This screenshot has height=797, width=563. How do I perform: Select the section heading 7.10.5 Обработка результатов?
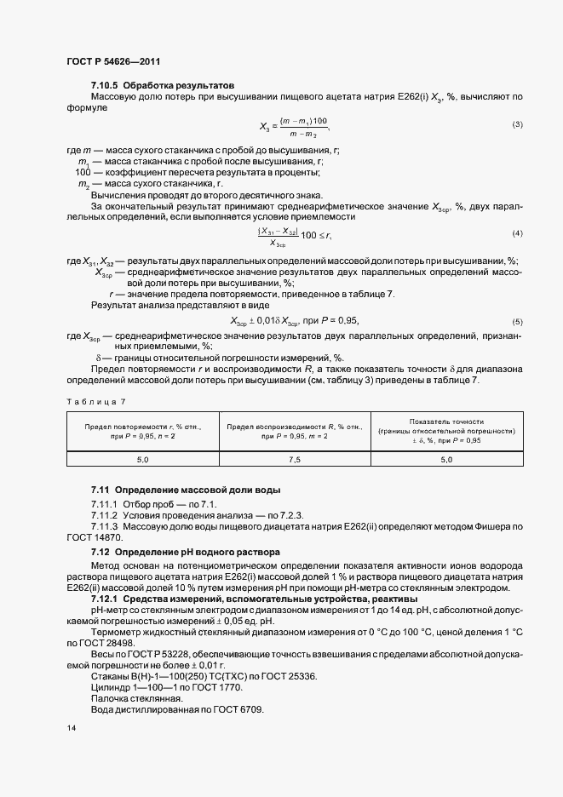point(162,86)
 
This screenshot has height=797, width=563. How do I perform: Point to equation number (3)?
point(517,125)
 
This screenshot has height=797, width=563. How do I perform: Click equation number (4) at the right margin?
point(517,233)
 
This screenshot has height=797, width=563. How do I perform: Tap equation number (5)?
point(517,321)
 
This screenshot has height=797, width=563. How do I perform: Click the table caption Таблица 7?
point(95,399)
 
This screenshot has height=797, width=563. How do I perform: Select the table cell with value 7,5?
point(294,459)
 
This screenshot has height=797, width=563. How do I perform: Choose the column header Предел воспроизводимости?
point(294,430)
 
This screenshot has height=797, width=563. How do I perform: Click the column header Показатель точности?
point(446,430)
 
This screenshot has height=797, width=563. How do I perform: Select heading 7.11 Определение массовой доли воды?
point(186,491)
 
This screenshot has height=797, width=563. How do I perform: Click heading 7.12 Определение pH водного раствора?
point(186,553)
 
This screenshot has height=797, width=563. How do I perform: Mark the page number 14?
point(71,728)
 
